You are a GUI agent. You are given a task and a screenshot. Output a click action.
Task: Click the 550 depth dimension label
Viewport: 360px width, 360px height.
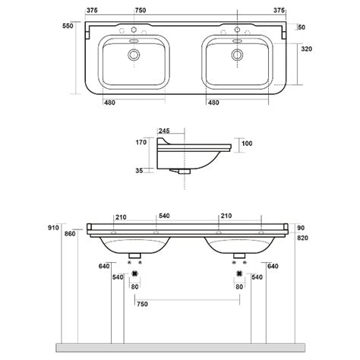pos(68,26)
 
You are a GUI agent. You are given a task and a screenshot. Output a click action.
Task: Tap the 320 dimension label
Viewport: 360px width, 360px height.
pos(307,49)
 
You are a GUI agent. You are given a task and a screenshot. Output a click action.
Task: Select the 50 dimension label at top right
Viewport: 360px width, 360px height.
pos(302,27)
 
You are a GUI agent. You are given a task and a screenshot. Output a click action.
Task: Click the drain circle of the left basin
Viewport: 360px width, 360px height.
pos(134,55)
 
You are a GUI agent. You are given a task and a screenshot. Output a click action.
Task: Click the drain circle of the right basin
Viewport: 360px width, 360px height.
pos(237,55)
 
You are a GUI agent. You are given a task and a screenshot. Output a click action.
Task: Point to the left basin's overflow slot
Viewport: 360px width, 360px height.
pos(134,41)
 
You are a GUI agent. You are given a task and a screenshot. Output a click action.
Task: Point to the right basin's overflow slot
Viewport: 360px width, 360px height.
pos(238,41)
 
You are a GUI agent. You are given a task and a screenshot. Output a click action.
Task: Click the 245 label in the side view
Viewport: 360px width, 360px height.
pos(164,131)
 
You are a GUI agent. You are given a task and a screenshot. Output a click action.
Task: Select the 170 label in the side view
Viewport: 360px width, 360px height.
pos(141,142)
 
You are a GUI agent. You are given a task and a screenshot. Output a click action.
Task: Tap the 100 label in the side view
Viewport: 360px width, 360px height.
pos(247,144)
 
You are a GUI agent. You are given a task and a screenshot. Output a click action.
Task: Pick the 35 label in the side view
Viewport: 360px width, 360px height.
pos(139,171)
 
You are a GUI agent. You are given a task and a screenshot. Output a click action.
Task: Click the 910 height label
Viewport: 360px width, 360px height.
pos(53,228)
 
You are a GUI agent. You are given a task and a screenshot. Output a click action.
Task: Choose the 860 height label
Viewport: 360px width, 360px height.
pos(70,234)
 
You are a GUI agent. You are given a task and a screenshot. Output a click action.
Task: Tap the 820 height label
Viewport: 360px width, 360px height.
pos(302,238)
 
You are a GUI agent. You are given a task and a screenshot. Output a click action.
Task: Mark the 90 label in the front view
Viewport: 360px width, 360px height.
pos(301,228)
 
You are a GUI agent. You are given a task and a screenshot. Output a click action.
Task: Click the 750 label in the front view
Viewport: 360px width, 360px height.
pos(142,304)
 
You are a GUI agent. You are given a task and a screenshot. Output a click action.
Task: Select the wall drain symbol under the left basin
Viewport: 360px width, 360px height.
pos(135,273)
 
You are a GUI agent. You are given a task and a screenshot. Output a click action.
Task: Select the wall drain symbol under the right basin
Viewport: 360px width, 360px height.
pos(239,273)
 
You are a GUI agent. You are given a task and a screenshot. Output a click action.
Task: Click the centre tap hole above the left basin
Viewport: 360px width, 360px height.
pos(134,30)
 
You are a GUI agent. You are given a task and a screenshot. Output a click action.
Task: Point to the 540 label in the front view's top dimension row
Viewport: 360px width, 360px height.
pos(164,216)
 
